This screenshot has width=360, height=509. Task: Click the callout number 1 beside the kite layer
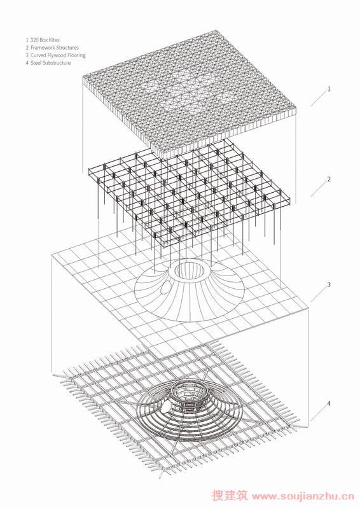(x=329, y=88)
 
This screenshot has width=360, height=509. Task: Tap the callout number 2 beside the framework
(x=329, y=179)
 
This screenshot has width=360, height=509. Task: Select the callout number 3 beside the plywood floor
(x=329, y=284)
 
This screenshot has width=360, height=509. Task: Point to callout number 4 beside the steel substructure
(x=329, y=403)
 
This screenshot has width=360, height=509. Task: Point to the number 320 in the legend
(x=34, y=40)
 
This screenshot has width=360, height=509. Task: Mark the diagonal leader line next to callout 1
(x=319, y=99)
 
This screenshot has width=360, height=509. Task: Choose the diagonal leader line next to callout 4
(x=319, y=413)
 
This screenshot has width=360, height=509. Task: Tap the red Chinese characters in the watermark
(x=230, y=496)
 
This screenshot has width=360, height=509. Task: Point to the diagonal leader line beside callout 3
(x=319, y=294)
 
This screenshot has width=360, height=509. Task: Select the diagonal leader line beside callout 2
(x=319, y=188)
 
